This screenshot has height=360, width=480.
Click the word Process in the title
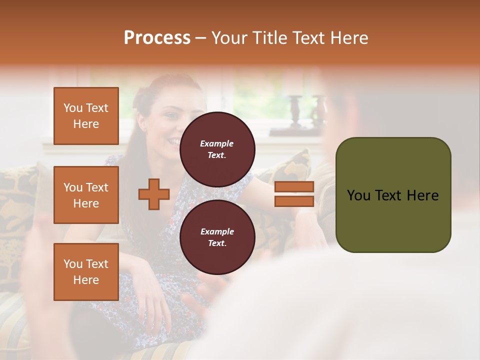pos(157,38)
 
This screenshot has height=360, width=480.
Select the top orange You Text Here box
pos(86,116)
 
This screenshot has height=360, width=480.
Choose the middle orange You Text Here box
pos(86,195)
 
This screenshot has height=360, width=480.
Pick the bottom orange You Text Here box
pos(86,272)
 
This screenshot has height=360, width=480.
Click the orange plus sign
pos(154,194)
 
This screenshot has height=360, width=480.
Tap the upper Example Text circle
pos(217,149)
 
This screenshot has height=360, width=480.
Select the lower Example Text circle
pos(217,237)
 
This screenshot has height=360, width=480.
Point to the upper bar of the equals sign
pos(294,187)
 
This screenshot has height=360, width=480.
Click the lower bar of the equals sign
pos(294,201)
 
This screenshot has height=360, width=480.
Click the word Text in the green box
pos(390,195)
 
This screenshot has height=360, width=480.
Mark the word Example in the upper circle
pos(217,143)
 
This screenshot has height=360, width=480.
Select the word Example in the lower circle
pos(217,231)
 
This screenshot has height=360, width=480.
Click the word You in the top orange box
pos(73,108)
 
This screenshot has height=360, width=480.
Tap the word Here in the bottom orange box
pos(86,280)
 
